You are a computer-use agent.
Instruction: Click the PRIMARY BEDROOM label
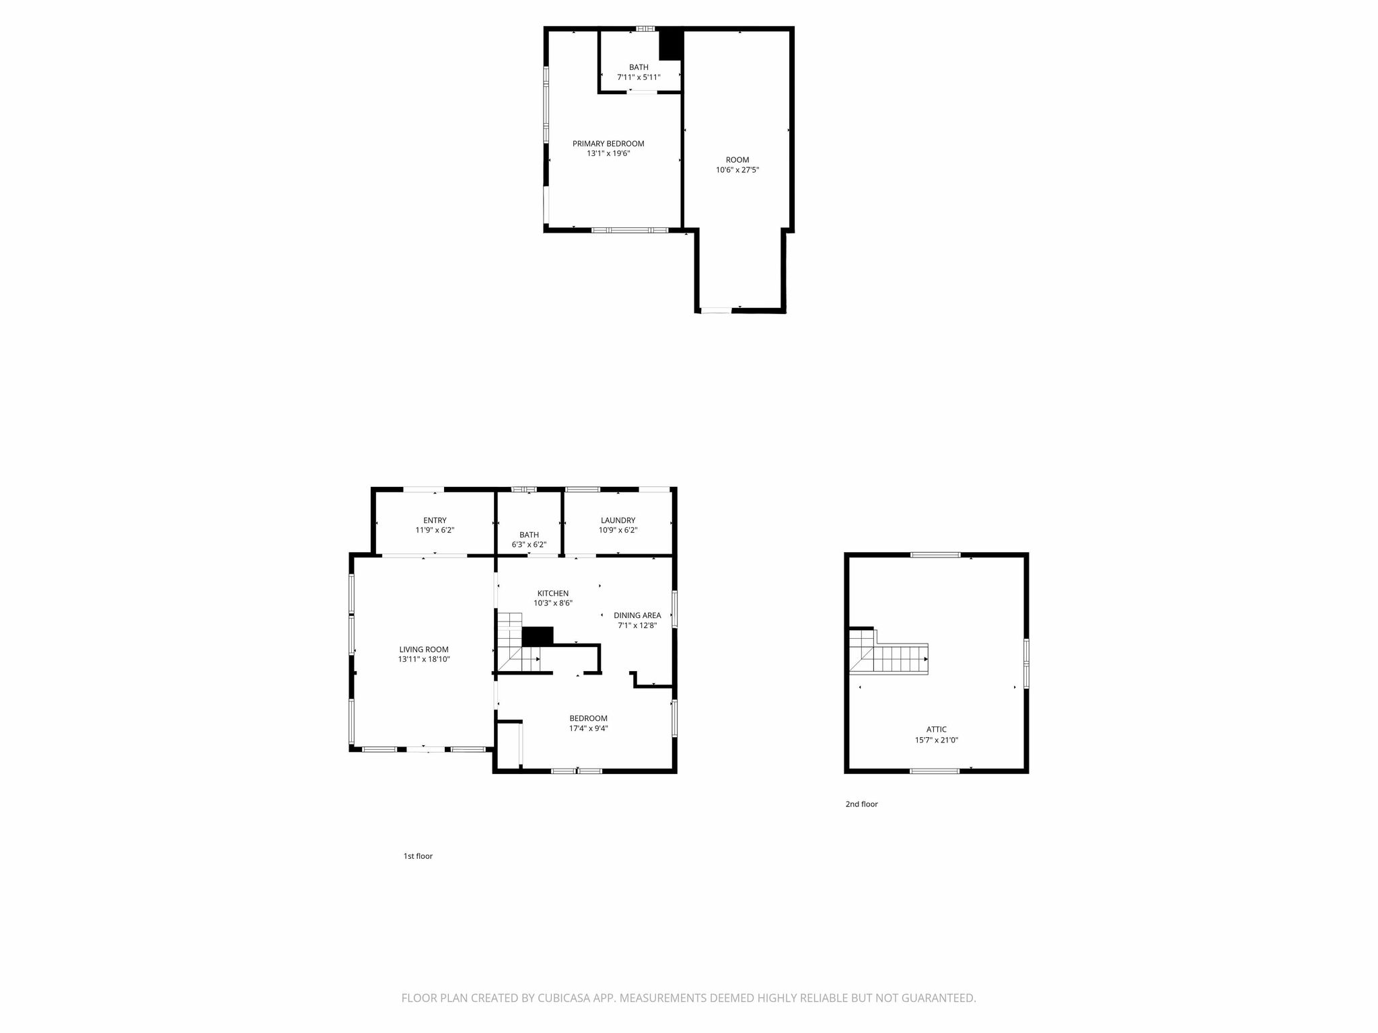pyautogui.click(x=608, y=143)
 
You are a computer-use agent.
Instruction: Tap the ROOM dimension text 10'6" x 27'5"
pyautogui.click(x=737, y=170)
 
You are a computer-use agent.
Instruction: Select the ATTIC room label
pyautogui.click(x=937, y=729)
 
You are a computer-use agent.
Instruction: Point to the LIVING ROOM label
pyautogui.click(x=424, y=650)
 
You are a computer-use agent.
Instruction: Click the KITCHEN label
pyautogui.click(x=553, y=593)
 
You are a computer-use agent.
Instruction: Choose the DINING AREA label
pyautogui.click(x=637, y=615)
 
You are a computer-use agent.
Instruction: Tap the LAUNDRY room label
pyautogui.click(x=618, y=520)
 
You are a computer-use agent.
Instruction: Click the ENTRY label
pyautogui.click(x=435, y=520)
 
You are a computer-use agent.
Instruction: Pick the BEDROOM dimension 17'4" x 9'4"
pyautogui.click(x=589, y=728)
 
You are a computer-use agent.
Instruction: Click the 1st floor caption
pyautogui.click(x=418, y=856)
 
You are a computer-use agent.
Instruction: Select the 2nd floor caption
pyautogui.click(x=862, y=804)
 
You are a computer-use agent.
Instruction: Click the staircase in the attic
pyautogui.click(x=889, y=651)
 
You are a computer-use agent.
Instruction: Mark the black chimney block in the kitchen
pyautogui.click(x=538, y=636)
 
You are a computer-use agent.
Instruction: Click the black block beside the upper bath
pyautogui.click(x=671, y=45)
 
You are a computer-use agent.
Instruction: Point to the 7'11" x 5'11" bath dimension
pyautogui.click(x=639, y=77)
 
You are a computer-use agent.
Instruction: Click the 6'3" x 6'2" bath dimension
pyautogui.click(x=529, y=545)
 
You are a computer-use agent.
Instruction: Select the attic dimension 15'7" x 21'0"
pyautogui.click(x=937, y=740)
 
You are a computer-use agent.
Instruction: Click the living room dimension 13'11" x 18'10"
pyautogui.click(x=424, y=660)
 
